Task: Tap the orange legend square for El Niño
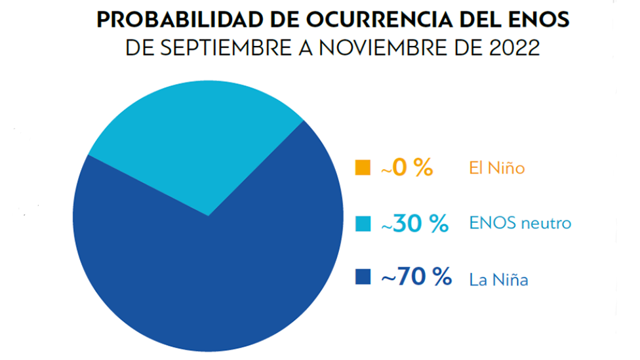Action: (x=363, y=167)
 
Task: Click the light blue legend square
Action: (x=363, y=224)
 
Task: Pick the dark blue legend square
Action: (x=363, y=276)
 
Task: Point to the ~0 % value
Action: (x=407, y=167)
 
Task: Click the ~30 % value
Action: (x=414, y=224)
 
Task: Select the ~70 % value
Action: (x=416, y=276)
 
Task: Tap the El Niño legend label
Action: (x=497, y=168)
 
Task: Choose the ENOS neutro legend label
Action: (x=520, y=223)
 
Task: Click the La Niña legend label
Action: (x=498, y=279)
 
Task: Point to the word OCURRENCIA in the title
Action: (x=379, y=19)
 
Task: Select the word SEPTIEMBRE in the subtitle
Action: (x=226, y=48)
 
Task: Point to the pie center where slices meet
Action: (x=209, y=216)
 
